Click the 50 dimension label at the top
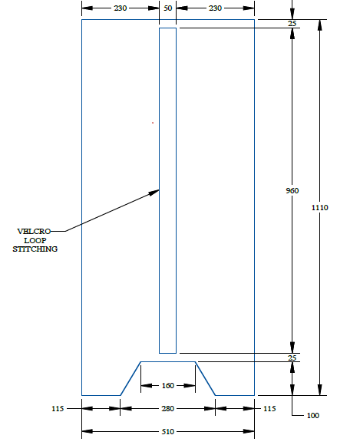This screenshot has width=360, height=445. pos(168,8)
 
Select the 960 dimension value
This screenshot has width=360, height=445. pos(292,190)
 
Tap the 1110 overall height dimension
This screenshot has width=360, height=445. pos(319,207)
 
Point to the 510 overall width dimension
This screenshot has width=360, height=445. pos(168,431)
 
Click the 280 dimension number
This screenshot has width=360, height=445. pos(168,408)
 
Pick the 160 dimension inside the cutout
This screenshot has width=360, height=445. pos(168,385)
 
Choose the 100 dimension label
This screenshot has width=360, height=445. pos(313,416)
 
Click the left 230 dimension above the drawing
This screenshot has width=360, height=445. pos(121,8)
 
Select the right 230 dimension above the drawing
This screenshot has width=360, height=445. pos(215,8)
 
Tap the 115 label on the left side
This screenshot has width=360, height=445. pos(58,408)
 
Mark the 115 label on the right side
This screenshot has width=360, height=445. pos(269,408)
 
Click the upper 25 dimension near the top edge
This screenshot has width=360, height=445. pos(292,24)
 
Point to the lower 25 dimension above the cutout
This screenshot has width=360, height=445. pos(292,358)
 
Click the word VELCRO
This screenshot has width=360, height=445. pos(34,231)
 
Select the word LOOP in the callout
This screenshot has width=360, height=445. pos(35,240)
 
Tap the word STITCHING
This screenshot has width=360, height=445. pos(35,249)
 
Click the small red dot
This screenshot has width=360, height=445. pos(153,123)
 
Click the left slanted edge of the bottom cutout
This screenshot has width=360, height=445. pos(130,378)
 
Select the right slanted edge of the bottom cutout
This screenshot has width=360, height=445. pos(205,378)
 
